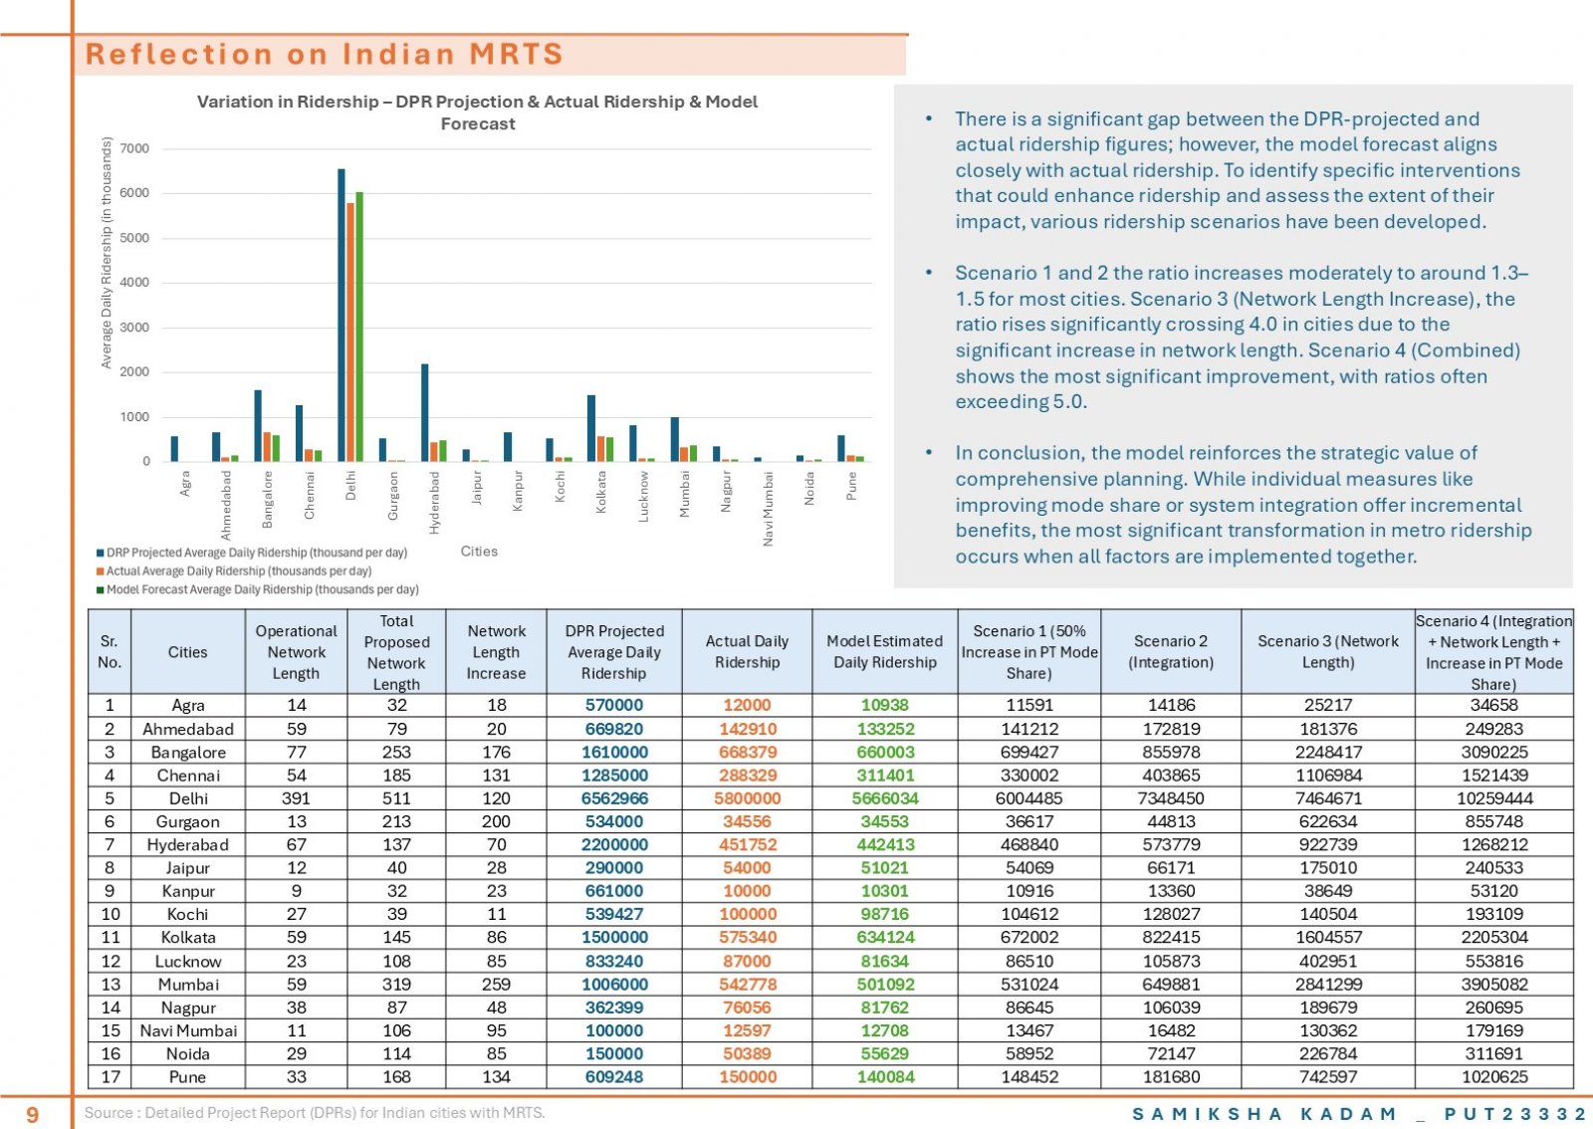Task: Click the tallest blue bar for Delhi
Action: (x=341, y=315)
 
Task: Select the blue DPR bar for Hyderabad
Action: (x=424, y=412)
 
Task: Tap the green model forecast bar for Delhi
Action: (x=359, y=327)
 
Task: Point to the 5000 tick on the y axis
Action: (x=134, y=238)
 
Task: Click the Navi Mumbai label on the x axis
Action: (x=768, y=509)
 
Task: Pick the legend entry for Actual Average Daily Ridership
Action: (x=234, y=570)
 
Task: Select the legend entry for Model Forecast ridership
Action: (x=258, y=589)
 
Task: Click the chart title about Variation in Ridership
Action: (x=477, y=113)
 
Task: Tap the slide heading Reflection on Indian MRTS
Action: (x=325, y=54)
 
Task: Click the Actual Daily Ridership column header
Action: (x=747, y=651)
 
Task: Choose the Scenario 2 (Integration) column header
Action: (x=1171, y=651)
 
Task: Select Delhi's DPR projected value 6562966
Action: (x=614, y=797)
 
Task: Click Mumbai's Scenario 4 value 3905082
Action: (x=1494, y=984)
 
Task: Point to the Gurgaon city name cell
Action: (x=188, y=821)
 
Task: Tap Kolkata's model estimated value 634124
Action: (x=885, y=937)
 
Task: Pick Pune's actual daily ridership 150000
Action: (x=747, y=1076)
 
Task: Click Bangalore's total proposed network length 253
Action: (x=396, y=752)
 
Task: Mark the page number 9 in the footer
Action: (x=32, y=1113)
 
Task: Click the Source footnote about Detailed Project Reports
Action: (x=315, y=1113)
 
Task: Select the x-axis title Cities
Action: (x=479, y=551)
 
